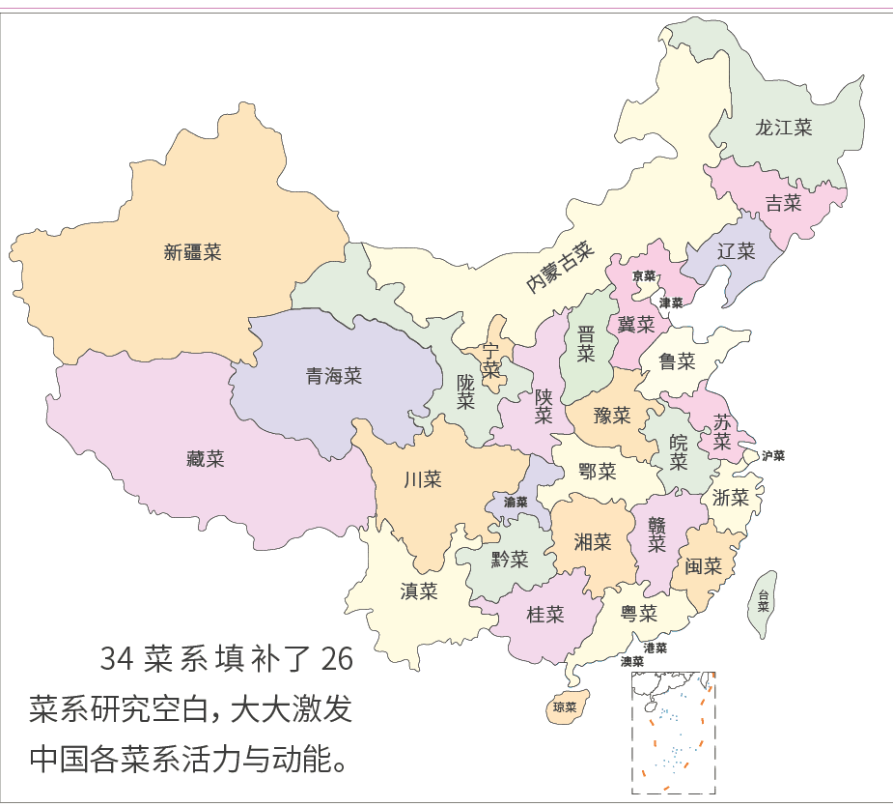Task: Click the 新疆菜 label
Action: (193, 252)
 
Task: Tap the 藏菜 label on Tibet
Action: (205, 459)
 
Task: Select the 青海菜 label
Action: (333, 376)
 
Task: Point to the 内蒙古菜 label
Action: (559, 268)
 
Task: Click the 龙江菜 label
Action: (783, 128)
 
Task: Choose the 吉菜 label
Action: (783, 203)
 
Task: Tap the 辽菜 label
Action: (736, 251)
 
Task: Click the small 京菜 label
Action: (644, 276)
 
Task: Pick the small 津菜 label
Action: (671, 303)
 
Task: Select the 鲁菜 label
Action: (677, 361)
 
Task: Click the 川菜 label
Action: (422, 478)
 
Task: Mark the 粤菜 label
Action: (638, 613)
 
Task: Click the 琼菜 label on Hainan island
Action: (565, 707)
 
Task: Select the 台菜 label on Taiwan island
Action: (764, 601)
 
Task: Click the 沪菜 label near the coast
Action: (773, 455)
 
